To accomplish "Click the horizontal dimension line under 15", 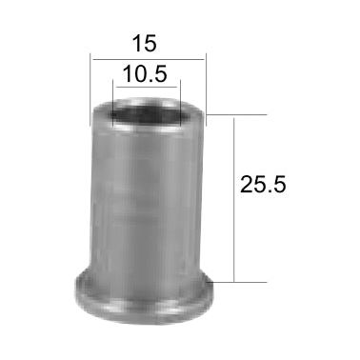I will pos(148,59).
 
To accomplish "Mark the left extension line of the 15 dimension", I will pos(90,86).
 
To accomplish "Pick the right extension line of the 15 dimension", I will pos(205,86).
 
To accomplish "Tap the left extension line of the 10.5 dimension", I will pos(113,100).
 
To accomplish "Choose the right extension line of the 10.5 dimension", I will pos(181,100).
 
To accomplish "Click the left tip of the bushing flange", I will pos(75,290).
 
